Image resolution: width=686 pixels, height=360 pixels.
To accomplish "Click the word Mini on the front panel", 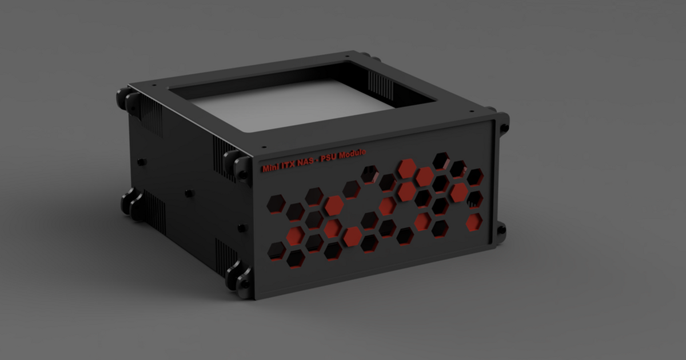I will click(x=270, y=167).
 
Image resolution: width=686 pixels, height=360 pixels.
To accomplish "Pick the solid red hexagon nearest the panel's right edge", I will click(x=474, y=222).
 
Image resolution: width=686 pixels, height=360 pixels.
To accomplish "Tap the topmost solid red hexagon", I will click(x=407, y=169).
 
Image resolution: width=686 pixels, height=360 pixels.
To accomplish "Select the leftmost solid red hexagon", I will click(x=296, y=235).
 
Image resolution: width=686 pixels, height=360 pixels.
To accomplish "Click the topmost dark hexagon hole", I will click(x=441, y=161).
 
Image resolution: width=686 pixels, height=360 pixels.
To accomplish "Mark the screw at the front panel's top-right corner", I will click(x=504, y=127).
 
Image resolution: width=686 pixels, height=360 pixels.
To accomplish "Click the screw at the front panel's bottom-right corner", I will click(x=501, y=230).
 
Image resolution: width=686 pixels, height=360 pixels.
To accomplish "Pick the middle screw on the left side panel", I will click(x=189, y=193).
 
